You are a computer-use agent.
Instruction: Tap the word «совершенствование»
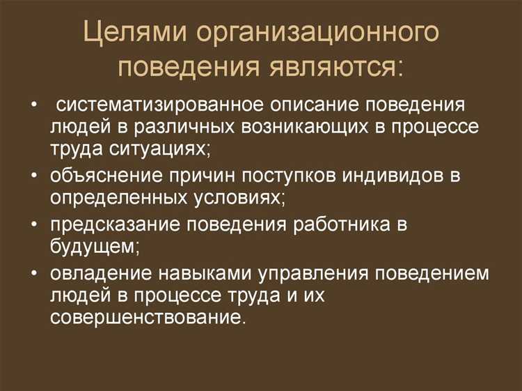148,316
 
